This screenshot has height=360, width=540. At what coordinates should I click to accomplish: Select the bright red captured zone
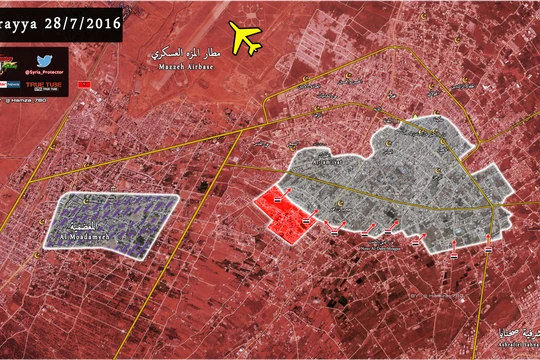284,212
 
